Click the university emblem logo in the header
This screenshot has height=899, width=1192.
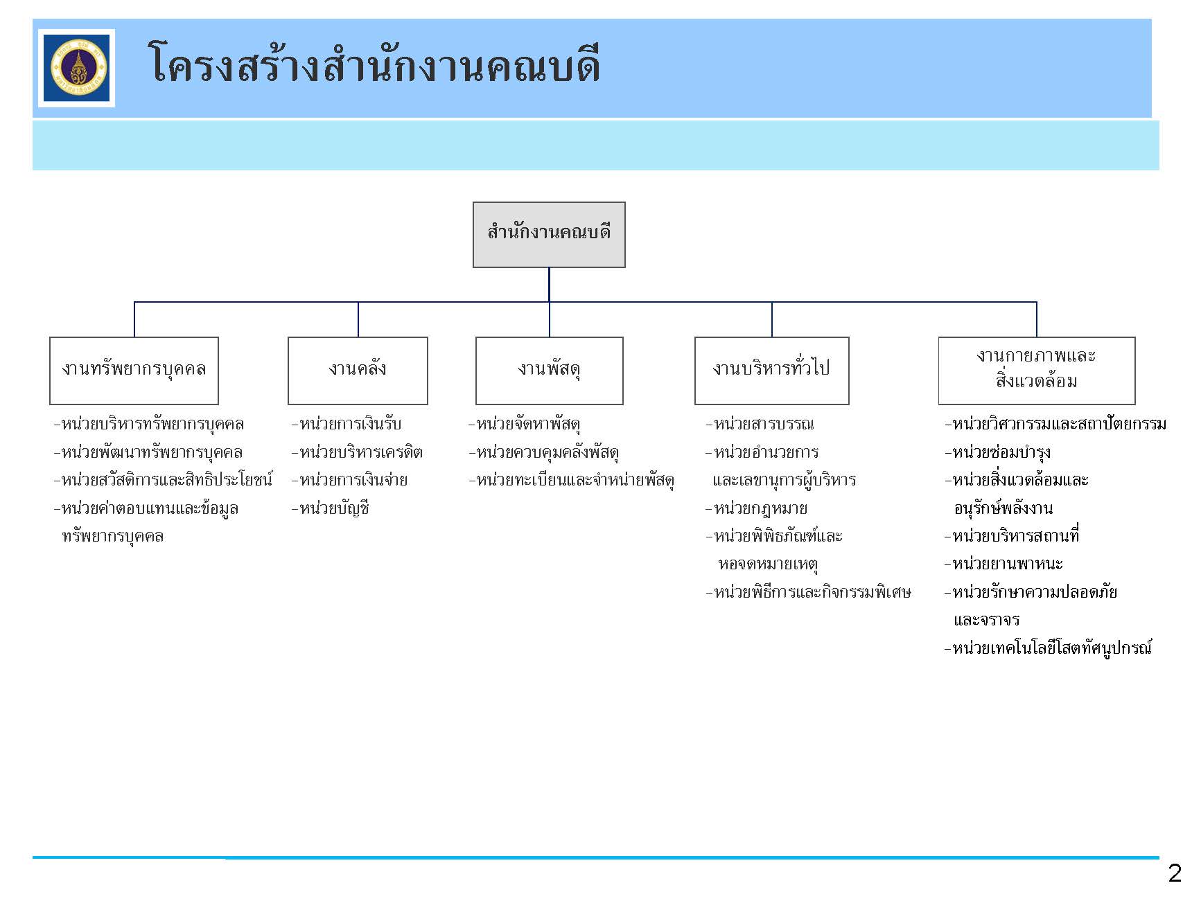(x=76, y=68)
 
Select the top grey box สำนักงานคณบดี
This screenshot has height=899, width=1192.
(x=549, y=235)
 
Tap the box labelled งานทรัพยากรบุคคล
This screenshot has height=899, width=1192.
(x=134, y=371)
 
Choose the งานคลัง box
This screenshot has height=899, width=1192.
(x=358, y=371)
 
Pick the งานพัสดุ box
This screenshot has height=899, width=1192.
(x=550, y=371)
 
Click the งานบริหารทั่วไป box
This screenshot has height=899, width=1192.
(x=772, y=371)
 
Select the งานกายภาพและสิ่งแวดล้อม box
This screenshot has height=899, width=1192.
(x=1037, y=371)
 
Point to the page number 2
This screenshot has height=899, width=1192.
(x=1174, y=873)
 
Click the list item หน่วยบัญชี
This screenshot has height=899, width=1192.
(x=331, y=508)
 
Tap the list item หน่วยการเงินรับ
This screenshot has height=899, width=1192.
(x=347, y=424)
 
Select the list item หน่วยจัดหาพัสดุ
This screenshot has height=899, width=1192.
(x=525, y=424)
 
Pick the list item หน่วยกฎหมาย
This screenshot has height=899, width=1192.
(x=757, y=508)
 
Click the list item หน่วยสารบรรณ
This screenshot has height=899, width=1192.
(x=760, y=424)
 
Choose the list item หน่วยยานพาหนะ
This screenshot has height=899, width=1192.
(x=1003, y=564)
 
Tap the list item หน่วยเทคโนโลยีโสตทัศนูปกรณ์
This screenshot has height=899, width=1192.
(x=1048, y=648)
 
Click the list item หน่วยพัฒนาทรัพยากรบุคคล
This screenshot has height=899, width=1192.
(x=148, y=452)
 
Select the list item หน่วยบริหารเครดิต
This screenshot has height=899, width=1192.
(x=358, y=452)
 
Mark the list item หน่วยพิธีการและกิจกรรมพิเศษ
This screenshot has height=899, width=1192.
(x=808, y=592)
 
